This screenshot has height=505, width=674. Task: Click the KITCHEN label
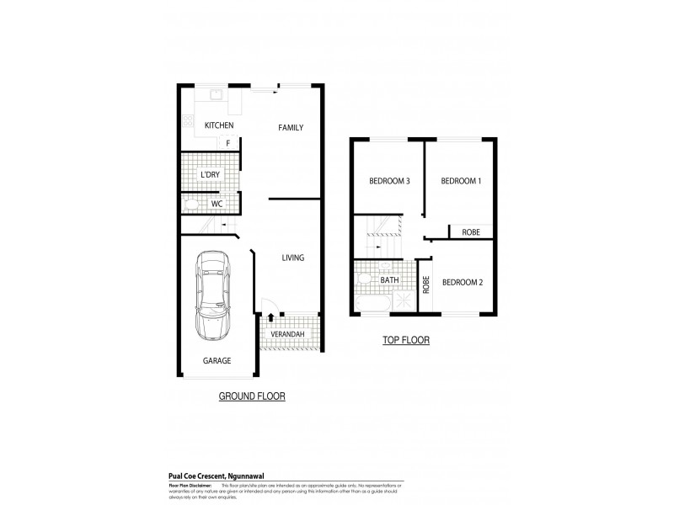[218, 126]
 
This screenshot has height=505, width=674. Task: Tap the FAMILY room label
[291, 128]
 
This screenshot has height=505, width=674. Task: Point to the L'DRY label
[211, 174]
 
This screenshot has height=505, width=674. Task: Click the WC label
[217, 204]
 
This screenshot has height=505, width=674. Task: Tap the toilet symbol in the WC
[190, 205]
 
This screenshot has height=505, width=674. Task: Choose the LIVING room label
[292, 258]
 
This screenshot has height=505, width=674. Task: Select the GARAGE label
[217, 360]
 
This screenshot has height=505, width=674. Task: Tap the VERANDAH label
[286, 335]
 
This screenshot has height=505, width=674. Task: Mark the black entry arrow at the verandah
[270, 318]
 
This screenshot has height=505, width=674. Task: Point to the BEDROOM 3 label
[389, 181]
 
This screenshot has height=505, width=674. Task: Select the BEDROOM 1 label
[461, 181]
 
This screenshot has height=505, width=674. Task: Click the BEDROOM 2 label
[463, 282]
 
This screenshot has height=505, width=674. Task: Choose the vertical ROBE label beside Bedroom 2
[426, 284]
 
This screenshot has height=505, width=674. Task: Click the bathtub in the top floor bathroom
[372, 302]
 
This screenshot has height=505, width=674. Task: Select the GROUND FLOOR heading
[252, 396]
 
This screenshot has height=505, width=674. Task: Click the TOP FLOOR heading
[405, 341]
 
